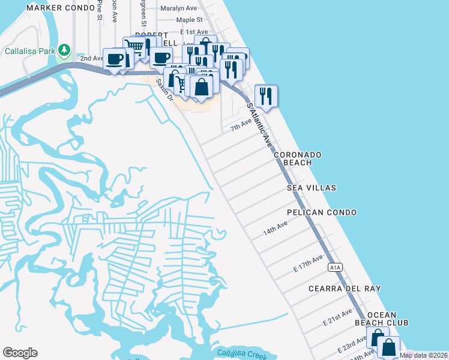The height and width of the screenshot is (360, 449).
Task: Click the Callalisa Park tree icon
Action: (64, 50)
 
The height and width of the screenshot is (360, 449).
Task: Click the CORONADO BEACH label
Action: (298, 158)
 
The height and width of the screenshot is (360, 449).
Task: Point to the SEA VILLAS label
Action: (311, 188)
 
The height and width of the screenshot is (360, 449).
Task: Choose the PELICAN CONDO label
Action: (322, 212)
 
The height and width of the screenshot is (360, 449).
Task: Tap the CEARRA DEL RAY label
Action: (345, 289)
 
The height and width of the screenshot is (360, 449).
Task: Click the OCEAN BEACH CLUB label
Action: (388, 319)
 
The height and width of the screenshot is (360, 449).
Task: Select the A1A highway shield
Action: (335, 266)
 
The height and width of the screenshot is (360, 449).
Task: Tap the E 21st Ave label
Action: (337, 318)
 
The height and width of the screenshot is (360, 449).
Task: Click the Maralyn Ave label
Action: (178, 8)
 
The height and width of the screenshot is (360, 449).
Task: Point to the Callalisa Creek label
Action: (243, 354)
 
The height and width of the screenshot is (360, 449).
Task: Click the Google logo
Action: (20, 353)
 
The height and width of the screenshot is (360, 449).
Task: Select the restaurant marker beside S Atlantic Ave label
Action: (266, 95)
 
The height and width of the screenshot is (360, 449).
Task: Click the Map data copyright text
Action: (423, 355)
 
